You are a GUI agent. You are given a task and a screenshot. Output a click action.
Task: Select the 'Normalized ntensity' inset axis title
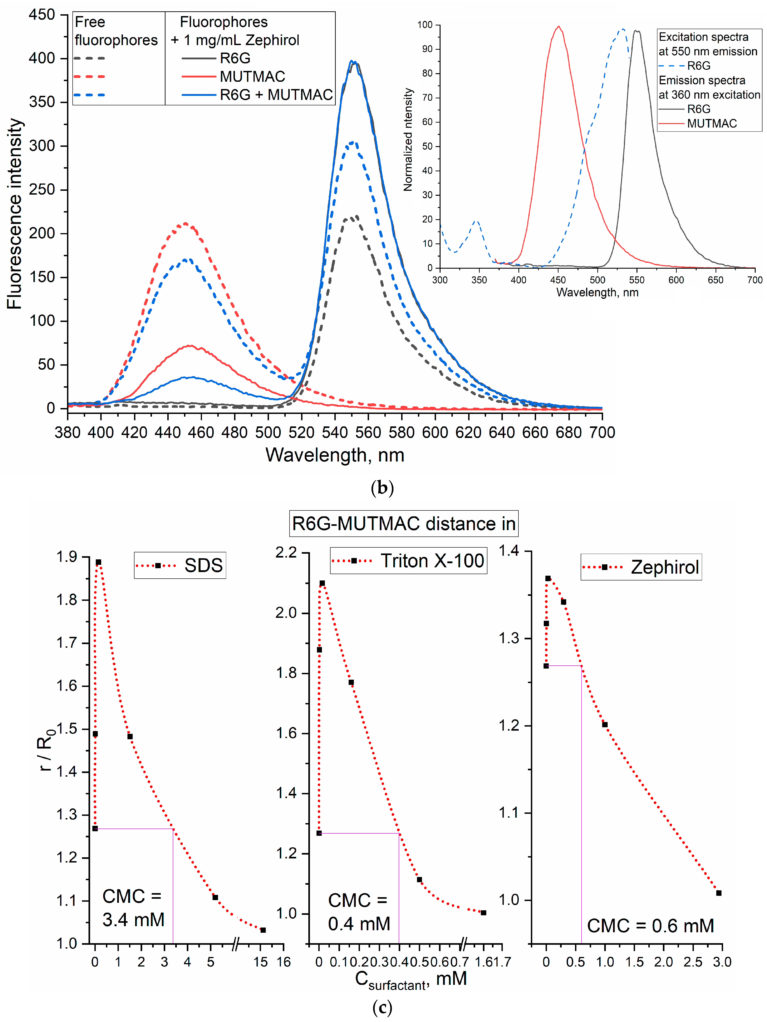407,140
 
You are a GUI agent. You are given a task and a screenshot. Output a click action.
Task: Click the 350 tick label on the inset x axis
479,280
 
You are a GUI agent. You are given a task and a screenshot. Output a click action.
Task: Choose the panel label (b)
382,488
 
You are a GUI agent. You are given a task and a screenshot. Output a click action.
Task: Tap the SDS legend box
180,565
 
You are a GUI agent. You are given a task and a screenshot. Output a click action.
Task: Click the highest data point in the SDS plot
98,562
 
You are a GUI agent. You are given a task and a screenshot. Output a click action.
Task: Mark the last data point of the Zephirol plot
719,893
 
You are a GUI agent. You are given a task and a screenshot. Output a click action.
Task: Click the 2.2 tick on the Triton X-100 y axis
286,553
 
